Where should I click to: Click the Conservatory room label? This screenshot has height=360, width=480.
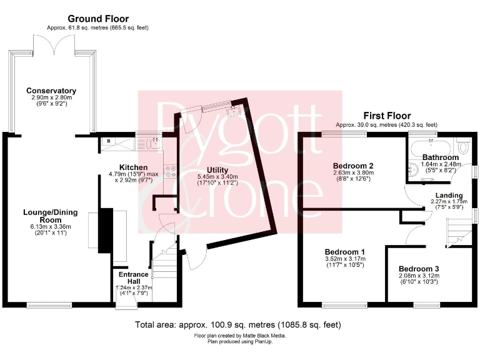coord(56,91)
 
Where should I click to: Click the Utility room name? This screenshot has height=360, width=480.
coord(217,170)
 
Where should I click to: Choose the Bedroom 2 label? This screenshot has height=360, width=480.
coord(353,166)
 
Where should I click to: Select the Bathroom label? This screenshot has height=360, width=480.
coord(441,157)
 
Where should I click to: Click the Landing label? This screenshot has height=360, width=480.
coord(449,195)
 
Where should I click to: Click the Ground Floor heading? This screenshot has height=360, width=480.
coord(97,19)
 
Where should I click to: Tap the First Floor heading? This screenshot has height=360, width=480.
coord(387,116)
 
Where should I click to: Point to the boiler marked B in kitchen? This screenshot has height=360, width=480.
coord(108,142)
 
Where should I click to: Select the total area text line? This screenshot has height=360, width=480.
coord(238,326)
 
